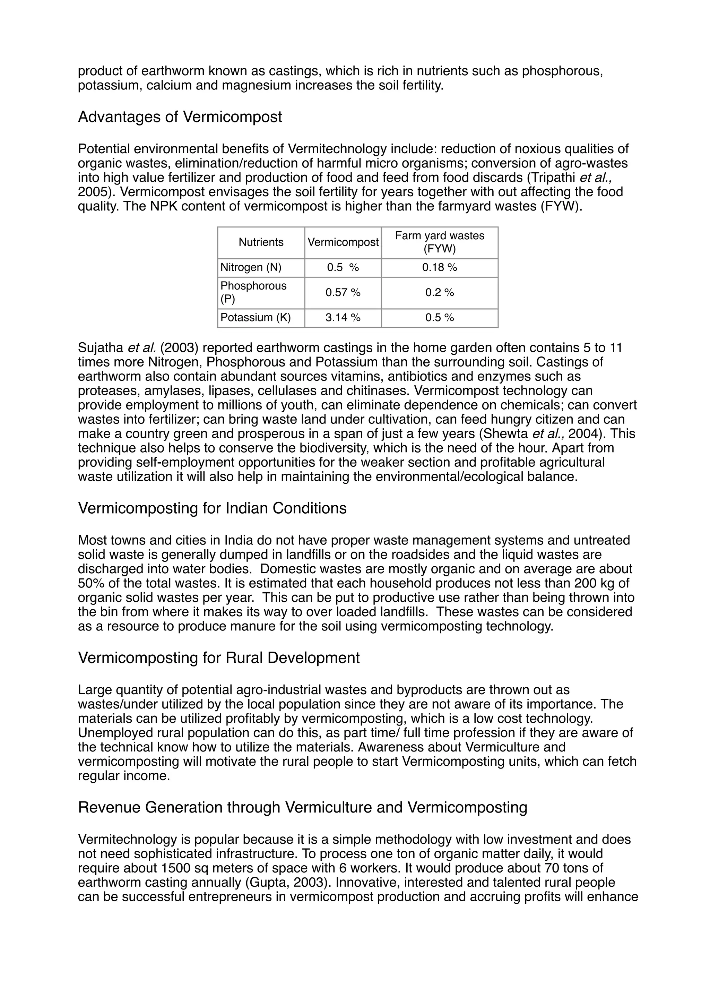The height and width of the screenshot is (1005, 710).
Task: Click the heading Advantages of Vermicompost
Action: [180, 117]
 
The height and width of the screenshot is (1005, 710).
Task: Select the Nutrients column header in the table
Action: [261, 242]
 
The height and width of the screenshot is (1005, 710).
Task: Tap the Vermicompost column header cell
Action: [343, 242]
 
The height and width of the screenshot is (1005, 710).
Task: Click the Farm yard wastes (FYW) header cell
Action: [439, 242]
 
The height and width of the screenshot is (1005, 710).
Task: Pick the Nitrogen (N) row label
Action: [251, 267]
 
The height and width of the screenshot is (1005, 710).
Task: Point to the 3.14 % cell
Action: [343, 318]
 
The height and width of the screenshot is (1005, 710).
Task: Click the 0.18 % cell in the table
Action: [439, 267]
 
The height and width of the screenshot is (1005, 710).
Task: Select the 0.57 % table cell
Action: [343, 292]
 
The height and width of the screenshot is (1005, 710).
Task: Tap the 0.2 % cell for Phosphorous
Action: [439, 292]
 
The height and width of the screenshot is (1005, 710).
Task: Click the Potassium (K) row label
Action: [256, 318]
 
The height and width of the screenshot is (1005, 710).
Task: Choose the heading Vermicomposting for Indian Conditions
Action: [212, 508]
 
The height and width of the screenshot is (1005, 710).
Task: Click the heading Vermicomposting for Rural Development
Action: [219, 658]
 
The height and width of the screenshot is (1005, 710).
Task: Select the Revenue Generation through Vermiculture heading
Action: [302, 807]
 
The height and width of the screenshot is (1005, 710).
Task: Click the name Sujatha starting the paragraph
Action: [101, 348]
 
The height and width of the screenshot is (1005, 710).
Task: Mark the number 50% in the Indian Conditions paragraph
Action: [89, 584]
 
